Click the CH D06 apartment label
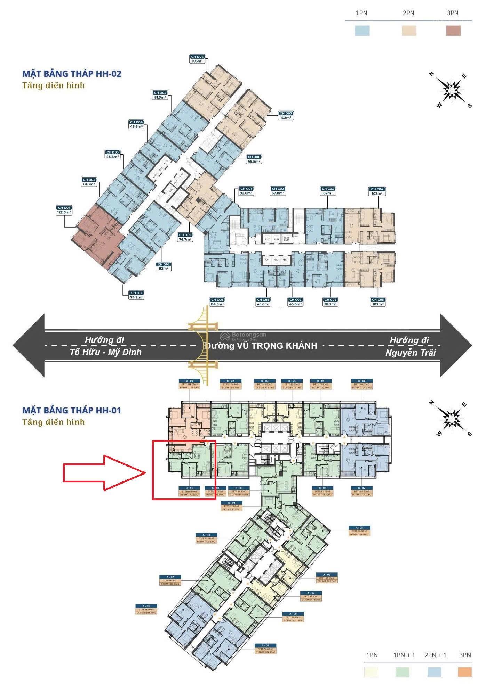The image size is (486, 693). (x=197, y=59)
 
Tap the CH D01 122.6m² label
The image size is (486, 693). (x=64, y=210)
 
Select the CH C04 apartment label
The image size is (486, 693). (x=377, y=191)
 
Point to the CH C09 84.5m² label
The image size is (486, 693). (x=217, y=302)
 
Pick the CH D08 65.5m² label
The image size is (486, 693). (x=254, y=159)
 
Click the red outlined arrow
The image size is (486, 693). (x=104, y=472)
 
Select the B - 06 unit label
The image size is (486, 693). (x=362, y=383)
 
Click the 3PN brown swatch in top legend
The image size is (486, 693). (x=453, y=31)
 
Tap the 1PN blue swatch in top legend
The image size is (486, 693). (x=362, y=31)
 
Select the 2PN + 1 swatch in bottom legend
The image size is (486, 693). (x=434, y=672)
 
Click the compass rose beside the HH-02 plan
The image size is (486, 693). (x=451, y=90)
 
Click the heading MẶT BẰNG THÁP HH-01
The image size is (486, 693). (x=72, y=410)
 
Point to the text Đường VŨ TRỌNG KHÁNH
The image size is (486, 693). (x=261, y=346)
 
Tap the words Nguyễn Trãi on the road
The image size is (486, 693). (x=411, y=353)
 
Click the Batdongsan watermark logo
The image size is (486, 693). (x=244, y=336)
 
